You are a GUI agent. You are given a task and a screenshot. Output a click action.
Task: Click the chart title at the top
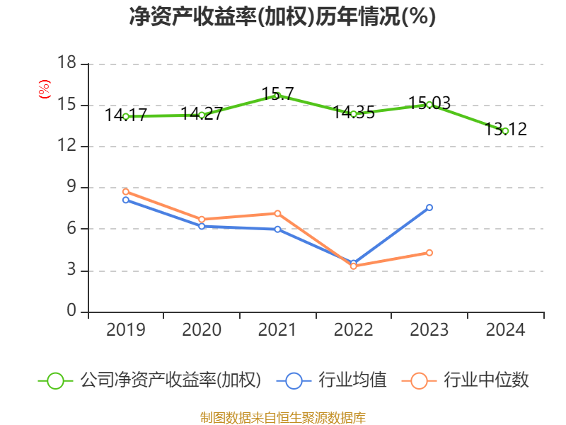click(282, 16)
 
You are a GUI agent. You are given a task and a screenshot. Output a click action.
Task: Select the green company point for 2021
click(277, 95)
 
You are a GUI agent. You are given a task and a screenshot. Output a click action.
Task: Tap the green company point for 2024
click(505, 131)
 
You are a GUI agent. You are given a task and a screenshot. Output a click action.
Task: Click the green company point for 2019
click(125, 116)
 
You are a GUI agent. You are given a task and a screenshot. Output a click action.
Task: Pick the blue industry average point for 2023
click(429, 208)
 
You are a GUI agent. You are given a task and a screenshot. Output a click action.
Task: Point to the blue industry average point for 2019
click(125, 200)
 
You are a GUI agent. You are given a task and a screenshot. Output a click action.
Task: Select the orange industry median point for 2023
click(429, 253)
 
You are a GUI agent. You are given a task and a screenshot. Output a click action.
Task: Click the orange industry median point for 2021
click(277, 213)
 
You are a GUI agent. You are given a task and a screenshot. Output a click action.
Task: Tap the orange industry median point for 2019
click(125, 191)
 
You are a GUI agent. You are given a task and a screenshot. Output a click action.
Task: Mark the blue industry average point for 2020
click(202, 226)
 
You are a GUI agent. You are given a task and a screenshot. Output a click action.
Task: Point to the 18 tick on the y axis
click(67, 64)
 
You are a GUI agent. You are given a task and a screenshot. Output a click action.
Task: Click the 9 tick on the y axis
click(71, 188)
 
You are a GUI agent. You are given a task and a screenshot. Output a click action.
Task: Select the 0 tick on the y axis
click(71, 312)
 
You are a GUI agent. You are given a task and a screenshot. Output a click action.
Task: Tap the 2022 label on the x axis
click(353, 330)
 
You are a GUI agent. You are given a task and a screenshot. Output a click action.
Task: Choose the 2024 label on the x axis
click(505, 330)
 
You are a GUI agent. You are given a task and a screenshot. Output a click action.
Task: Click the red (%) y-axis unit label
click(44, 90)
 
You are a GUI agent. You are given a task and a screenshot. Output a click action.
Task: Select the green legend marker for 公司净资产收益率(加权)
click(56, 380)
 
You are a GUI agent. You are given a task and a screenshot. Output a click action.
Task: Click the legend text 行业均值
click(352, 380)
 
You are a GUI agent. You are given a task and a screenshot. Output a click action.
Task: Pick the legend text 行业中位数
click(486, 380)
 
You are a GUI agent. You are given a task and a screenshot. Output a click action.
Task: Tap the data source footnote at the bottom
click(282, 417)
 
